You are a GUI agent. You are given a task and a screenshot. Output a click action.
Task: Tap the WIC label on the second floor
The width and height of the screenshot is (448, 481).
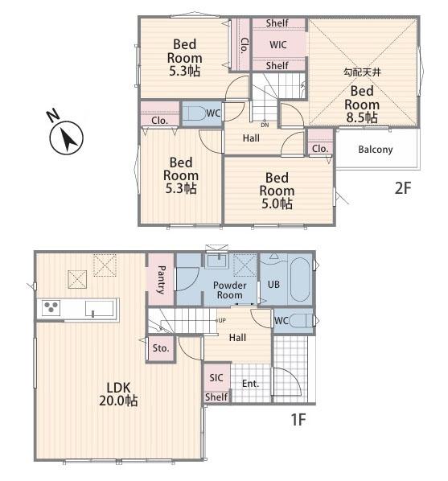coord(278,45)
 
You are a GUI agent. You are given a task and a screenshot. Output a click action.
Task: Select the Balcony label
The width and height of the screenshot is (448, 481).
coord(376,150)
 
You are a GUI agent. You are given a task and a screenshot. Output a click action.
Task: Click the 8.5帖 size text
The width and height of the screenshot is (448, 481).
coord(362,117)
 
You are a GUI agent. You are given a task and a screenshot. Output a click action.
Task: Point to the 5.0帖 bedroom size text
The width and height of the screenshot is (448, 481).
coord(277,203)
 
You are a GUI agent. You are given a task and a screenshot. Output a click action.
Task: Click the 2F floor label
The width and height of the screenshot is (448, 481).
coord(402,187)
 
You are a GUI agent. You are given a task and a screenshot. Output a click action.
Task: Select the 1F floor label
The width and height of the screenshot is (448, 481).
coord(298,419)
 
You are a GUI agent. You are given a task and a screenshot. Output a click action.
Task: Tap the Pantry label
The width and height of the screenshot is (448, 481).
coord(161,280)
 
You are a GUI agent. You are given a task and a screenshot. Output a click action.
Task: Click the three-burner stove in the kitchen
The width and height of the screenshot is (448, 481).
coord(51,308)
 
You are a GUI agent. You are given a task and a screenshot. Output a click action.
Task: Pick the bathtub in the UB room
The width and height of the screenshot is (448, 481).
coord(300,279)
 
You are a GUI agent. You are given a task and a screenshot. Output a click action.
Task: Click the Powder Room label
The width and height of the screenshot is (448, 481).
coord(229,290)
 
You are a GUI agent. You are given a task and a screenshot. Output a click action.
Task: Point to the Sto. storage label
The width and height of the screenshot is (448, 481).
coord(161,347)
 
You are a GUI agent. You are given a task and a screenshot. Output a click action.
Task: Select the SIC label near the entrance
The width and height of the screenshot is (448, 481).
coord(216,377)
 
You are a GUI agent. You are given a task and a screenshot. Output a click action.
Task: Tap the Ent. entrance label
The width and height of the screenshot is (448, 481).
coord(250,384)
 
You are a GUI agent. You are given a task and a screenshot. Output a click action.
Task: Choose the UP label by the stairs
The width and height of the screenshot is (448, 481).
coord(222,320)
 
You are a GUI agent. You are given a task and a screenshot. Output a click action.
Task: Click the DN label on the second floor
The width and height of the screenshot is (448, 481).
coord(265,125)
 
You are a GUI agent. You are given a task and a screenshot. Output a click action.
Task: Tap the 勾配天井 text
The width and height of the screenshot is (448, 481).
coord(362,72)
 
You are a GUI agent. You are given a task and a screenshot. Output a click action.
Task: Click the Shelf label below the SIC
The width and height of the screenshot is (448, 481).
coord(216,397)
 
